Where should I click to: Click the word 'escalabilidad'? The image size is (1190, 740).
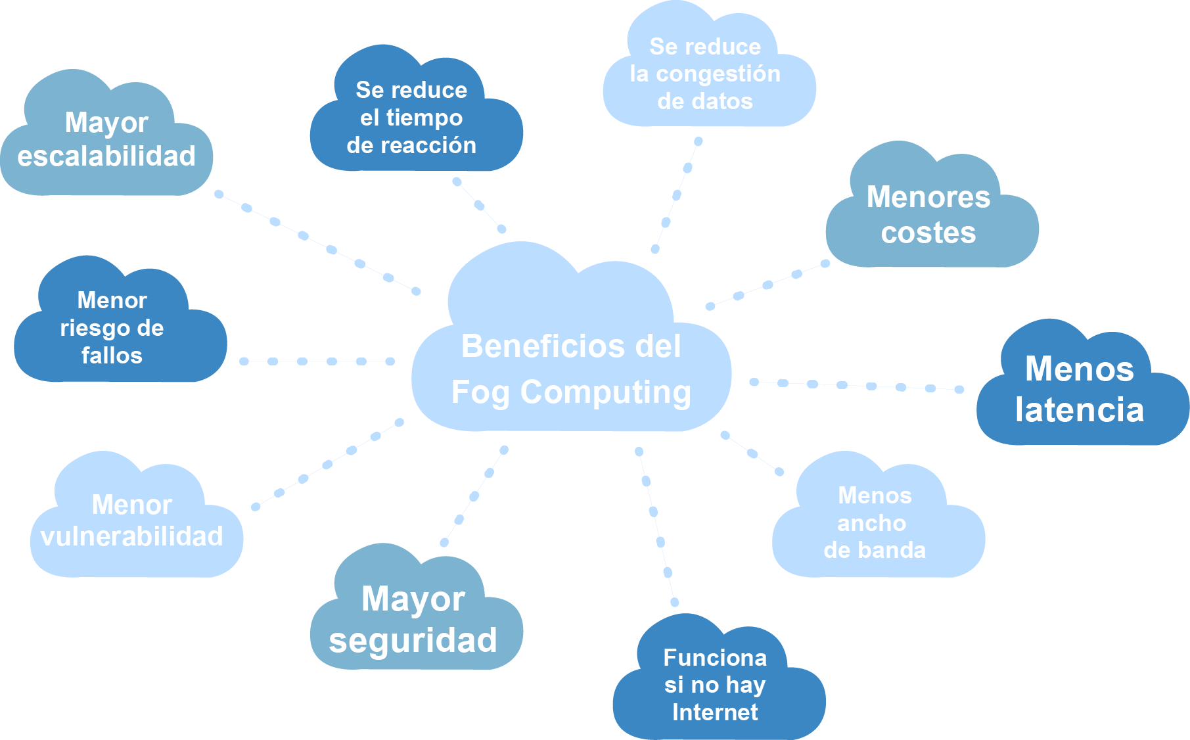click(106, 156)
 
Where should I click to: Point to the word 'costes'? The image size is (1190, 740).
click(928, 233)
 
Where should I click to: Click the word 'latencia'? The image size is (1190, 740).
click(1080, 409)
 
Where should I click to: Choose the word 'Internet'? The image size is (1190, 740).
click(715, 712)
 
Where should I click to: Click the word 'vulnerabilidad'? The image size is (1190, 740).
click(132, 536)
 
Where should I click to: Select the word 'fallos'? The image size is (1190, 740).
click(112, 356)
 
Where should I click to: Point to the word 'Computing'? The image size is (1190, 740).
click(605, 393)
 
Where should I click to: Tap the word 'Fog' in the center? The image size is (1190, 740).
click(480, 393)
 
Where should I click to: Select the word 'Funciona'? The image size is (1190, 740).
click(715, 657)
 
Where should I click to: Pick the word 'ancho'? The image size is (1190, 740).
click(872, 523)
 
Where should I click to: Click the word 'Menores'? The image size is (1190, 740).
click(928, 197)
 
